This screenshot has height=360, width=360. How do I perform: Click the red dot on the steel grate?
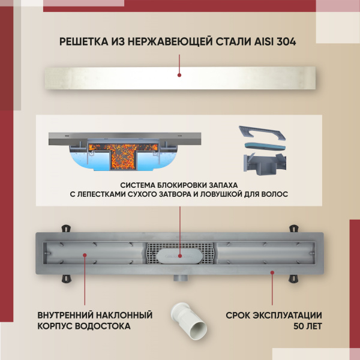(179, 76)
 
